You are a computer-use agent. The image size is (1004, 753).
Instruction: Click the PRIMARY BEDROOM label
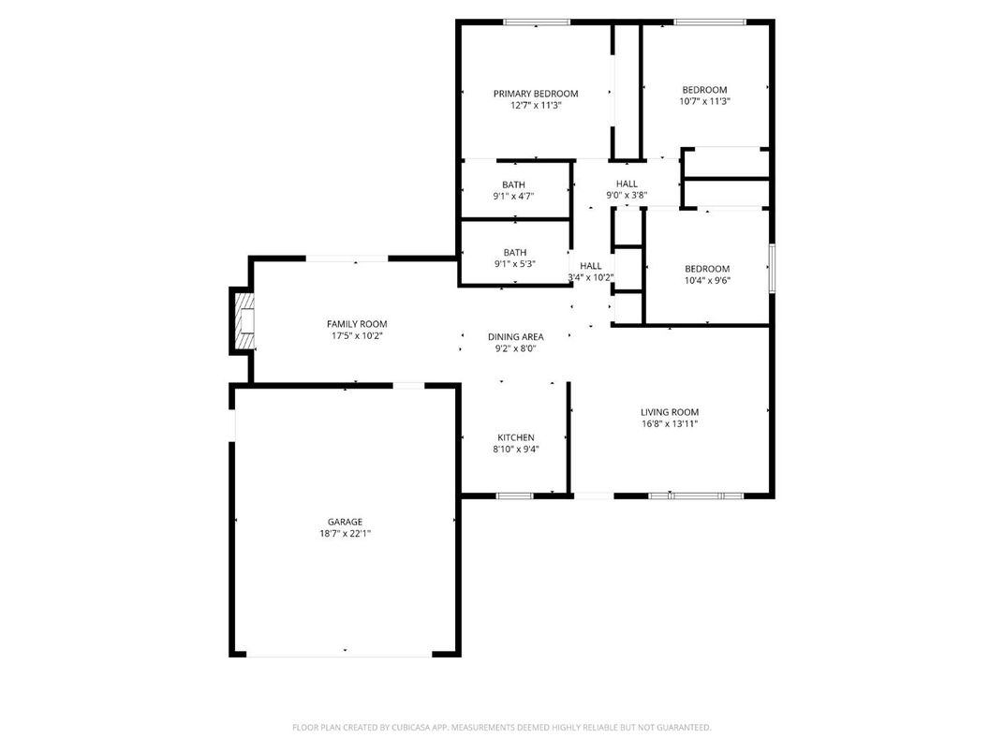[536, 94]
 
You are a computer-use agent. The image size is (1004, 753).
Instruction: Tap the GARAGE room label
[345, 522]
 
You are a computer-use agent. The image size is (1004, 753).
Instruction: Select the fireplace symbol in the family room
[244, 321]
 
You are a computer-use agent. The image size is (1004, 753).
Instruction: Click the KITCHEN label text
[516, 437]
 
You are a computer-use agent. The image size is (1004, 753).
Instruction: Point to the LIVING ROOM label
[670, 412]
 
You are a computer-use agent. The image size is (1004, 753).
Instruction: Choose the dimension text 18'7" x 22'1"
[345, 534]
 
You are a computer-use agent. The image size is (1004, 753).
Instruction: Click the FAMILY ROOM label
[356, 324]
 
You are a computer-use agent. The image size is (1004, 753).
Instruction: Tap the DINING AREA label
[515, 337]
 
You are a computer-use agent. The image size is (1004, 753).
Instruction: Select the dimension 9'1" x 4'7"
[513, 197]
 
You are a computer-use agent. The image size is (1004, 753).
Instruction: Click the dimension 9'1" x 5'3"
[514, 264]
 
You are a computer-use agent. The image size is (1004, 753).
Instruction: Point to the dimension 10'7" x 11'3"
[704, 101]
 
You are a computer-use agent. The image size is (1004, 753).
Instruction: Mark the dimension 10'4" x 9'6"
[707, 280]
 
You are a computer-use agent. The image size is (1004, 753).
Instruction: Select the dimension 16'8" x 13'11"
[670, 423]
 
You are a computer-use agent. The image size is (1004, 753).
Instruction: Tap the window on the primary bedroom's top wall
[537, 22]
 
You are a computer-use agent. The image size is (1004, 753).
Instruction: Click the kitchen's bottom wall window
[514, 495]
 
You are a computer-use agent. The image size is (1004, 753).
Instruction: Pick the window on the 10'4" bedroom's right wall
[772, 268]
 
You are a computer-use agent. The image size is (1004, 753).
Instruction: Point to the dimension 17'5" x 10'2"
[356, 335]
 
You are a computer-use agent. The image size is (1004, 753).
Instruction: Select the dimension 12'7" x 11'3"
[536, 105]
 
